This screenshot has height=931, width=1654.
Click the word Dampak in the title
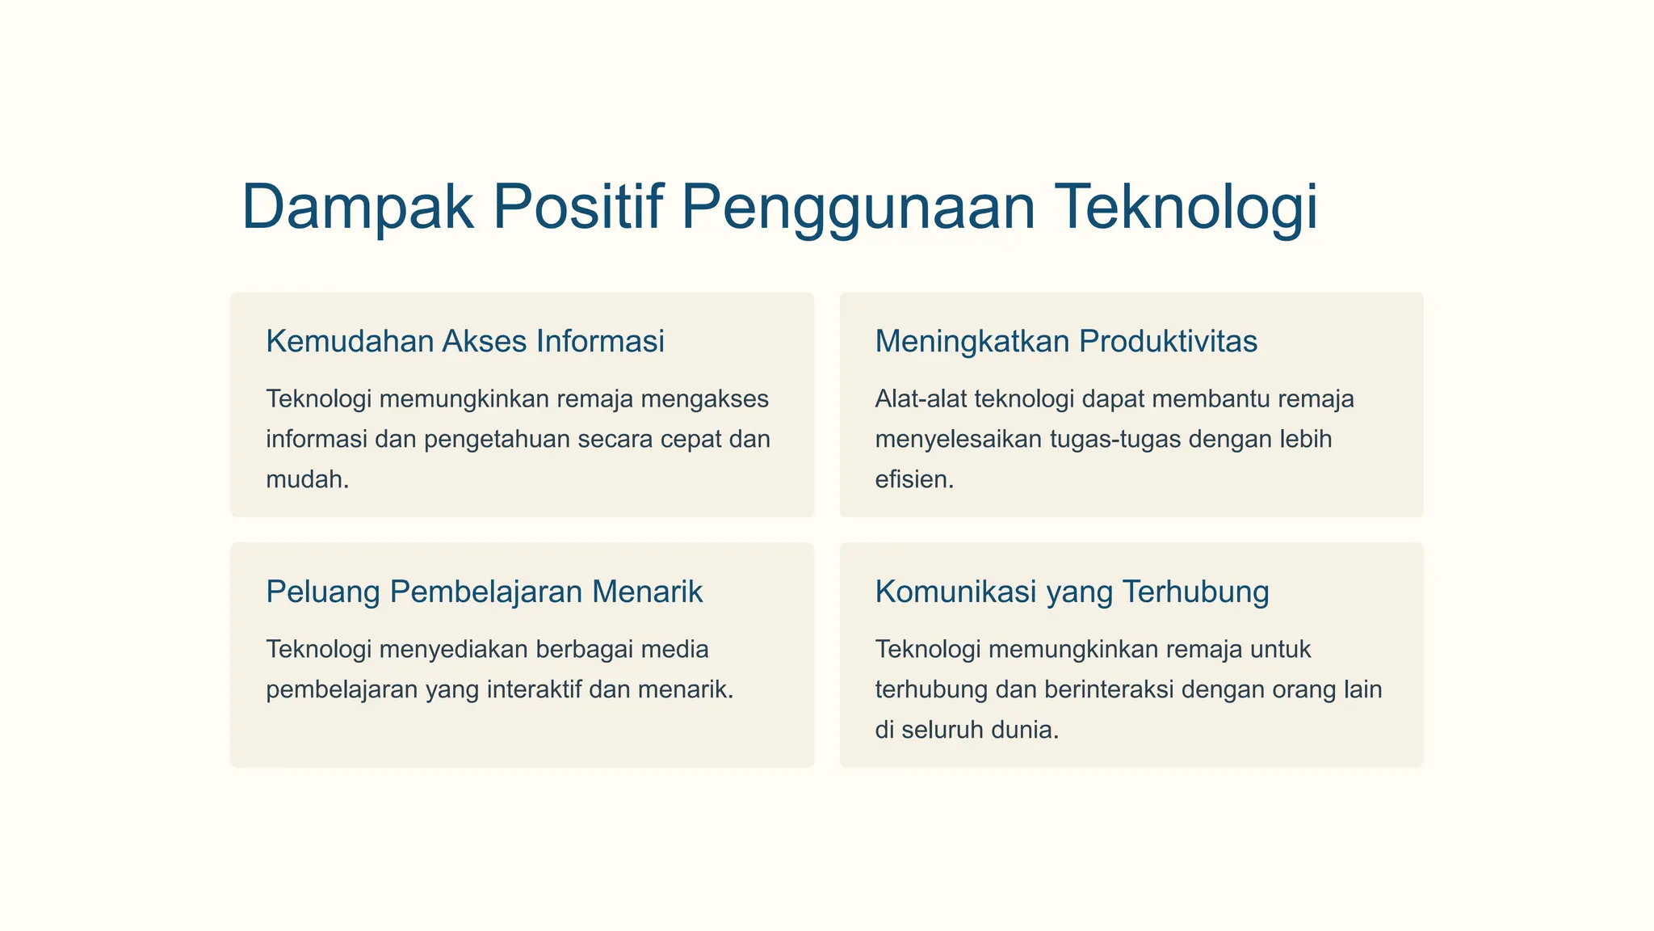click(x=357, y=207)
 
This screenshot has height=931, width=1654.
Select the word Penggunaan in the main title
click(x=858, y=207)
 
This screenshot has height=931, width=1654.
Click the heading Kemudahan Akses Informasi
click(x=465, y=341)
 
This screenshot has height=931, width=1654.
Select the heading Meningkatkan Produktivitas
click(x=1066, y=341)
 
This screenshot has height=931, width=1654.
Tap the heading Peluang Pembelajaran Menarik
click(x=485, y=592)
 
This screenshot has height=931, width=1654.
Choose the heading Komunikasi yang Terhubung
click(x=1072, y=592)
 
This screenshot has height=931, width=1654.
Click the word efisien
click(x=913, y=479)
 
